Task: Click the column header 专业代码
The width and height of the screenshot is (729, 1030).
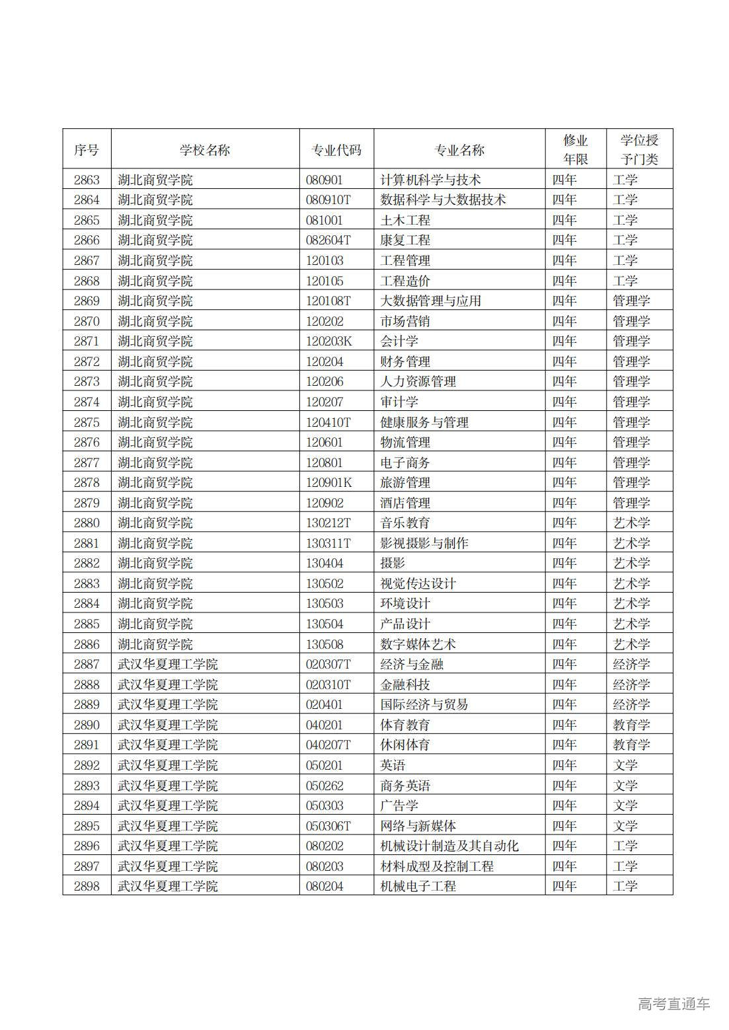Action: [x=336, y=150]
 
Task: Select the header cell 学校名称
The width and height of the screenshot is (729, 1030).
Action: [x=205, y=150]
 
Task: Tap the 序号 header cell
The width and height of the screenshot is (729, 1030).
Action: [x=87, y=150]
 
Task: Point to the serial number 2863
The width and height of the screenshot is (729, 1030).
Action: [x=87, y=180]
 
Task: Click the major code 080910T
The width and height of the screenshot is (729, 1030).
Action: [x=328, y=200]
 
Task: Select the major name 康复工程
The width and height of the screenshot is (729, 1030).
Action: [x=405, y=240]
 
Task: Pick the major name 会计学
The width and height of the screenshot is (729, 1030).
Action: [x=399, y=341]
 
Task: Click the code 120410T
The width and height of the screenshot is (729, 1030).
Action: [x=328, y=422]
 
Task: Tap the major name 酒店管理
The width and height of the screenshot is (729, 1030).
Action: [x=405, y=503]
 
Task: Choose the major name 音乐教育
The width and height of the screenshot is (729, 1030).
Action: [x=405, y=523]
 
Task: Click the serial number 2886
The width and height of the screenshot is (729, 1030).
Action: [x=87, y=644]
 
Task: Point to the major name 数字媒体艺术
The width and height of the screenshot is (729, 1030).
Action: [x=418, y=644]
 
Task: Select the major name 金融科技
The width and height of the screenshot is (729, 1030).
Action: [x=405, y=684]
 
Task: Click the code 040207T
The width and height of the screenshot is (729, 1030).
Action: [x=328, y=745]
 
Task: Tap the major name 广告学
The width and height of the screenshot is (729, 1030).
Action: [x=399, y=805]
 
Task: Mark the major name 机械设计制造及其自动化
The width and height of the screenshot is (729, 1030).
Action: [x=449, y=846]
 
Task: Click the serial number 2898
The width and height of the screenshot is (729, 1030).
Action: [x=87, y=886]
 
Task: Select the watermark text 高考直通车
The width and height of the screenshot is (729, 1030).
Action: [x=673, y=1004]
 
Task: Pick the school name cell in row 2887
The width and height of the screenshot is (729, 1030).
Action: [x=168, y=664]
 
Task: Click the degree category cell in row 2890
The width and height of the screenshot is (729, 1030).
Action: [x=631, y=725]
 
